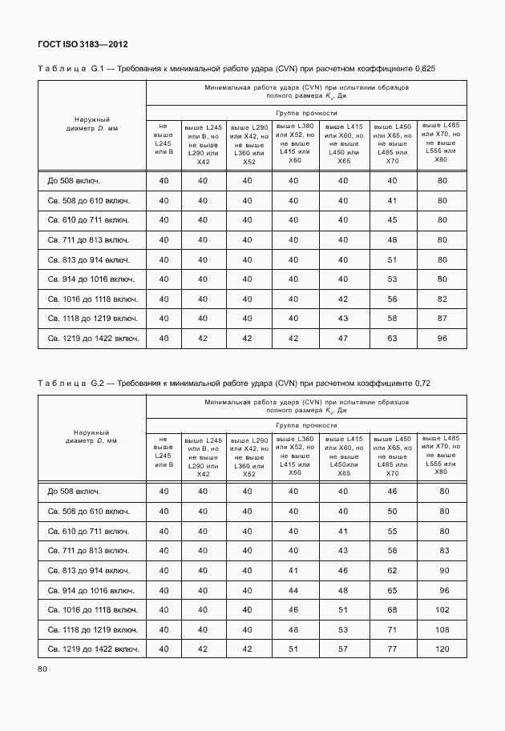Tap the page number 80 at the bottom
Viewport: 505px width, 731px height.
(42, 669)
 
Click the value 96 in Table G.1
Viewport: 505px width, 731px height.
(441, 339)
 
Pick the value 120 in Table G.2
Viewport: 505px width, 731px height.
(441, 649)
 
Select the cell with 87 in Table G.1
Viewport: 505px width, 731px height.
(441, 319)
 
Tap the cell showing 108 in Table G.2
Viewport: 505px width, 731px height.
(441, 629)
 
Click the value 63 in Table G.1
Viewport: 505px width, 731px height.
(392, 339)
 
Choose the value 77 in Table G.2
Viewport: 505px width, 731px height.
(392, 649)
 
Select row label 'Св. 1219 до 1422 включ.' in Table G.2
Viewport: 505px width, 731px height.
(93, 649)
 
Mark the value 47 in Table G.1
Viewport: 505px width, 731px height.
(343, 339)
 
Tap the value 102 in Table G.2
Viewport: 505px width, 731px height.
(441, 610)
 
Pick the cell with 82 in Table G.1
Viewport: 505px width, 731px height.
(441, 299)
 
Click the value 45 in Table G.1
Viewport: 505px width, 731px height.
(392, 220)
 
